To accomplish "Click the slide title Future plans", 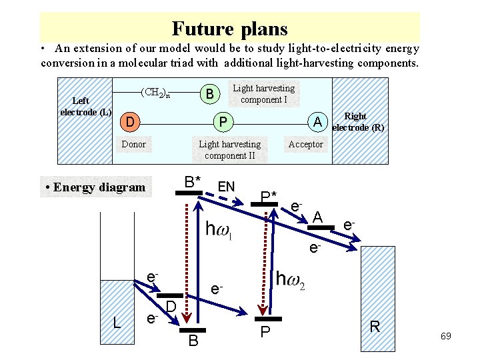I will [x=229, y=29].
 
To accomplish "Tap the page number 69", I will [x=445, y=337].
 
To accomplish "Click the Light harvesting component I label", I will [x=263, y=93].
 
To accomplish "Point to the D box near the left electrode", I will [x=130, y=122].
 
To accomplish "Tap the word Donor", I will [x=134, y=144].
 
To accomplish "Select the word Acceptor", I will [x=305, y=144].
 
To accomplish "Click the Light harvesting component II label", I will [x=230, y=150].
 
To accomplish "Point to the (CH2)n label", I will [x=158, y=92].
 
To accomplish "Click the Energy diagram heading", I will [x=95, y=187].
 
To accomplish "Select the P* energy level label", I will [x=269, y=197].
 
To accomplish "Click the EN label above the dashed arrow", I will [x=227, y=187].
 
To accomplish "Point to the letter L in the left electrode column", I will [x=117, y=323].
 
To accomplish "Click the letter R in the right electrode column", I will [x=375, y=326].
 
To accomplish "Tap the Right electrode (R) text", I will [x=357, y=121].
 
